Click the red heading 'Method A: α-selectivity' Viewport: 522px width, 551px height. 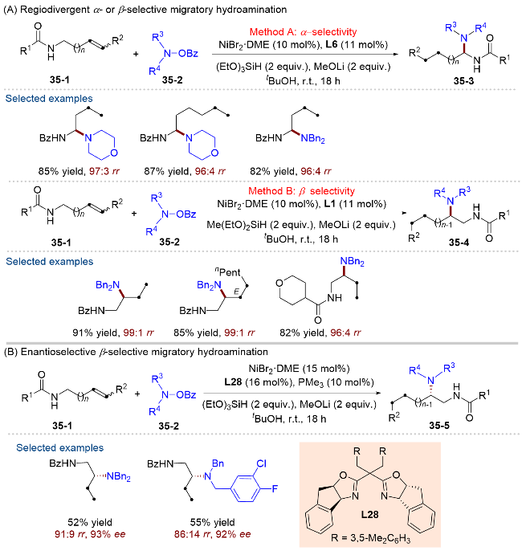point(303,32)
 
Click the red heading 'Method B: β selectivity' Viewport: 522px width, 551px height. point(301,191)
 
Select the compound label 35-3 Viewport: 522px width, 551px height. point(463,81)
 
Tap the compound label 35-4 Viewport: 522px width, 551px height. point(459,242)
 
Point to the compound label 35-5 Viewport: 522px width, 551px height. point(439,426)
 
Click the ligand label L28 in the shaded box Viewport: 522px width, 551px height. point(370,514)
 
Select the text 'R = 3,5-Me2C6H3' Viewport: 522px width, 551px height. point(370,538)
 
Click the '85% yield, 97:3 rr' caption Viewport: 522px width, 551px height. point(79,171)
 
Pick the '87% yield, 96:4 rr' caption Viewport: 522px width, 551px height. point(185,171)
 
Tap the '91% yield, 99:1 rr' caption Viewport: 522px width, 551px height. point(113,333)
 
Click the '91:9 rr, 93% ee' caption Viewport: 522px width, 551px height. point(90,534)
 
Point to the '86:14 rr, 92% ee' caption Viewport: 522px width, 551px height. point(212,534)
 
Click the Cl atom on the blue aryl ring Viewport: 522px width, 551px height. point(261,463)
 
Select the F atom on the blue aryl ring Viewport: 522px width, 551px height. point(275,488)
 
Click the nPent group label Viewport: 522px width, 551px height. point(227,272)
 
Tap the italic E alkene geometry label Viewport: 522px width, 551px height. point(236,292)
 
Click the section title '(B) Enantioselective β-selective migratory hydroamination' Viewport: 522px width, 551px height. point(136,352)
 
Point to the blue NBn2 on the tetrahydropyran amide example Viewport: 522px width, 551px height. point(352,262)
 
